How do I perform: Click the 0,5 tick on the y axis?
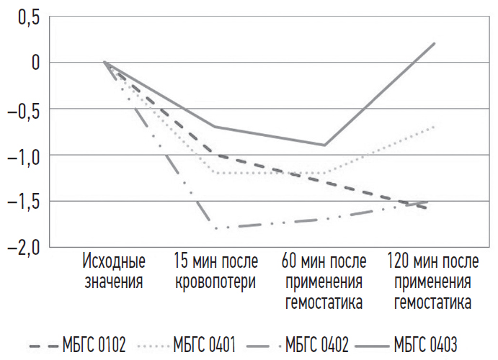27,17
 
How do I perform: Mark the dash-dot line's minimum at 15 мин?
215,228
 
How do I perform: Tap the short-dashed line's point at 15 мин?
215,155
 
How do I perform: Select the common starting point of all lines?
105,63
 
